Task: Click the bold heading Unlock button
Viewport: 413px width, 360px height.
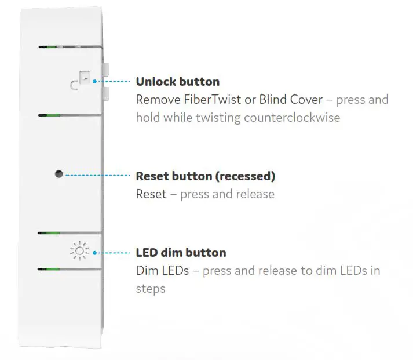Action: [x=177, y=82]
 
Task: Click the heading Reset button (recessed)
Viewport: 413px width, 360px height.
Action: [x=205, y=176]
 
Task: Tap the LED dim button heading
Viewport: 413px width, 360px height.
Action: [x=181, y=253]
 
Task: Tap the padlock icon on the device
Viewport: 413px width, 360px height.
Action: [x=82, y=82]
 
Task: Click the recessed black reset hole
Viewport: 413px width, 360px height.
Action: [x=59, y=174]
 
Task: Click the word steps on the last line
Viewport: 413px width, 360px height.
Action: [x=151, y=289]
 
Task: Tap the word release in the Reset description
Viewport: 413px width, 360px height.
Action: [x=253, y=194]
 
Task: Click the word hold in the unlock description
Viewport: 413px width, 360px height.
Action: [x=147, y=118]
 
